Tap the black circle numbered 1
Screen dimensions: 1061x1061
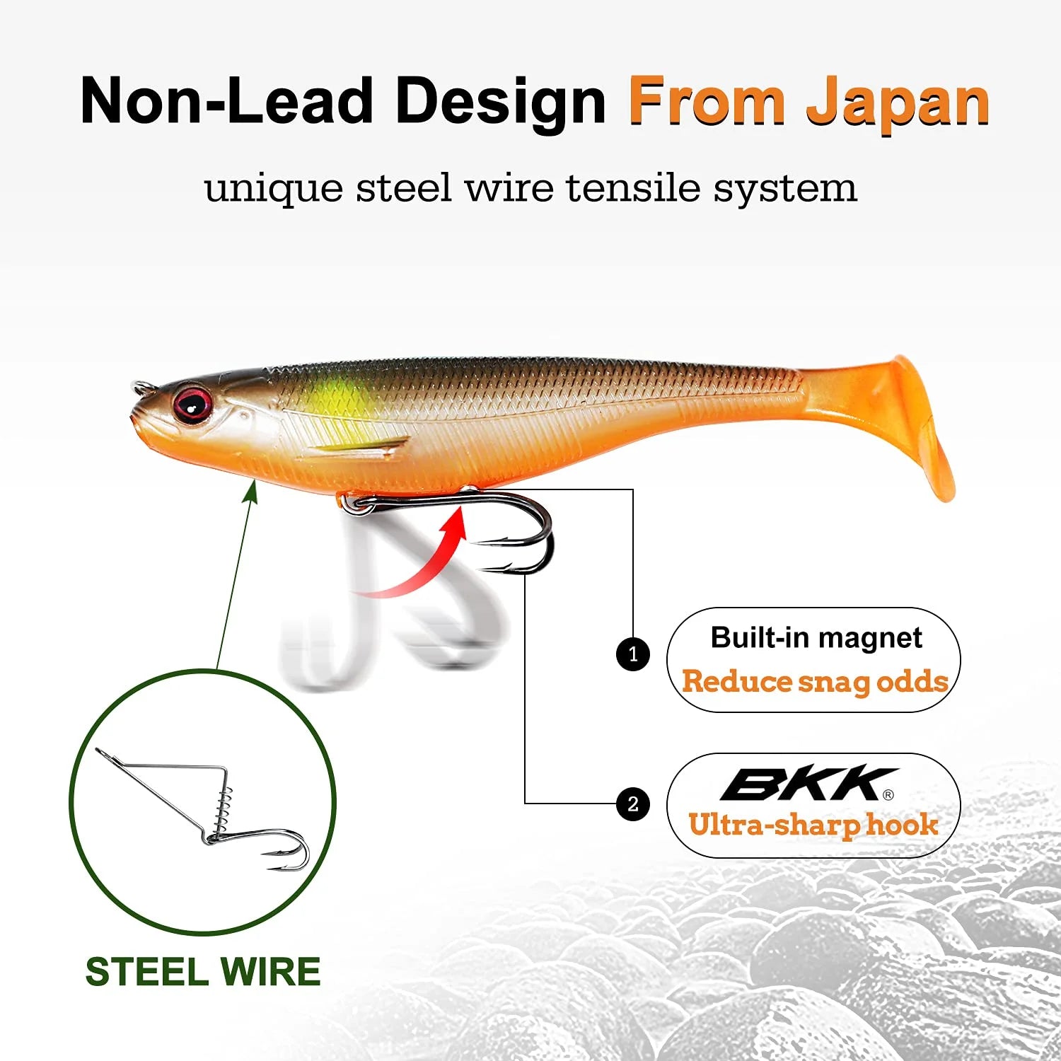pos(633,654)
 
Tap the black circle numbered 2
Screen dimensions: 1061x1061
pos(633,804)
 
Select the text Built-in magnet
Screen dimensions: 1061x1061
pos(816,638)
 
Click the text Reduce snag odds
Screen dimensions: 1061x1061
pos(815,681)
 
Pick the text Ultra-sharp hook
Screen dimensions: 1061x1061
pos(813,825)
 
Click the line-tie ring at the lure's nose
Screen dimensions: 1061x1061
pos(144,388)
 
